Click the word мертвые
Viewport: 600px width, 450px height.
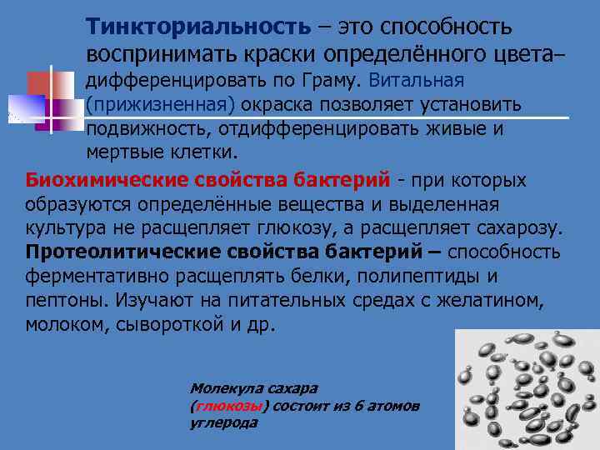point(120,154)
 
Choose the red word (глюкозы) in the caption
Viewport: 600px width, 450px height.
point(229,406)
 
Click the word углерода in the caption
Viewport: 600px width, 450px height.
point(223,422)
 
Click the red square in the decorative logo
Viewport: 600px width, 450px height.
point(41,83)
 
